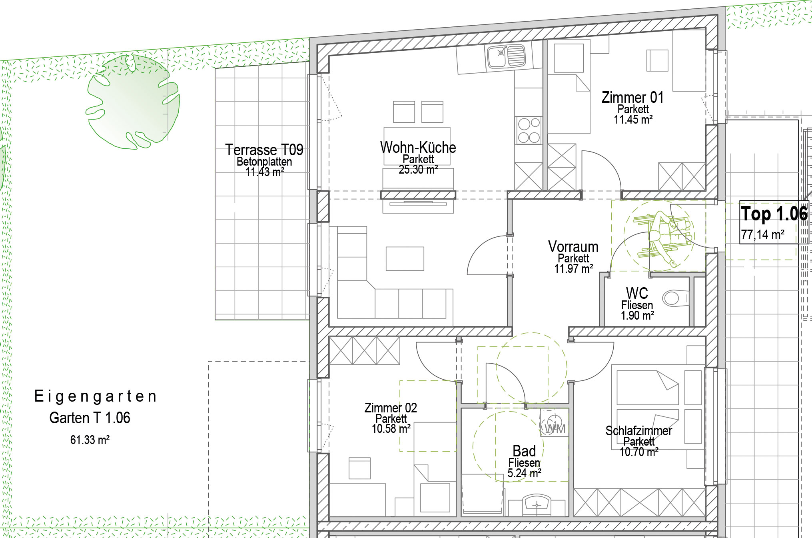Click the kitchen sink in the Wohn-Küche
506,56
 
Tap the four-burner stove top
529,130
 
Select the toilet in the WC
675,298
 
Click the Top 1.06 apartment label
774,214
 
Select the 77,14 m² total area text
762,234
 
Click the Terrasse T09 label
264,150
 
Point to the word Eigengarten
96,396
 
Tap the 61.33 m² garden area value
90,440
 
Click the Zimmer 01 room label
632,98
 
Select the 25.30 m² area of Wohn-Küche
418,170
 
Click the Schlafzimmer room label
638,431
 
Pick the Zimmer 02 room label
391,408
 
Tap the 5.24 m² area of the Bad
524,473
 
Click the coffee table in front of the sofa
405,259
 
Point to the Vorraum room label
573,246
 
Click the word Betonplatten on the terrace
264,162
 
